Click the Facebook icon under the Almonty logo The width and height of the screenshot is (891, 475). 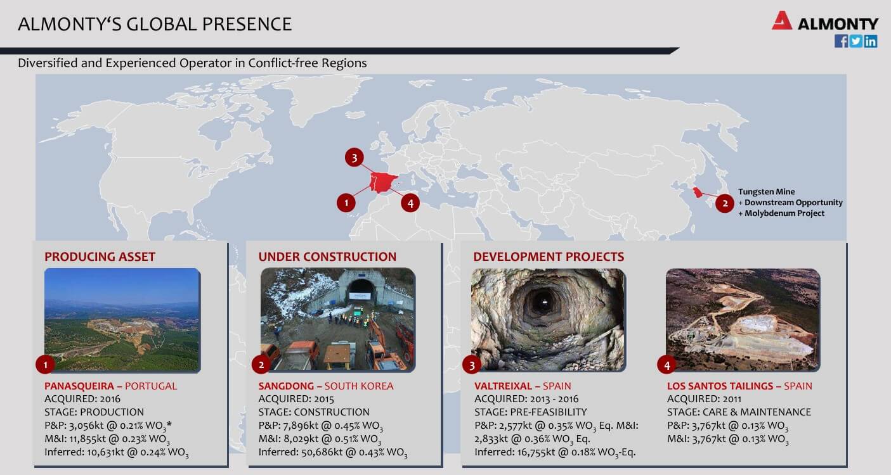[x=841, y=41]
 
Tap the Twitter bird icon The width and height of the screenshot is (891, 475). [x=855, y=41]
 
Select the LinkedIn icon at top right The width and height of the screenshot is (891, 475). [x=870, y=41]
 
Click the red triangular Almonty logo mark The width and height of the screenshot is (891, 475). [x=782, y=21]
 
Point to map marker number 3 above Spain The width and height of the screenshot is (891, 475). [x=354, y=158]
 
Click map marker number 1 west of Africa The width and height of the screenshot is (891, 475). [x=346, y=203]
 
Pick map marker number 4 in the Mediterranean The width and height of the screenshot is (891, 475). [x=410, y=203]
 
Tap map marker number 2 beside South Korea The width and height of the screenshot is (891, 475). [x=725, y=203]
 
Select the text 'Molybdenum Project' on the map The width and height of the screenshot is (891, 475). [x=784, y=213]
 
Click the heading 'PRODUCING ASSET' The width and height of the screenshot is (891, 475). [x=100, y=257]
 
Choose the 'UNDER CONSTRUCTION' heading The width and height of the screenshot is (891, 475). [x=327, y=257]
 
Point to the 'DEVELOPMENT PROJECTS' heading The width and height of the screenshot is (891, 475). [x=549, y=257]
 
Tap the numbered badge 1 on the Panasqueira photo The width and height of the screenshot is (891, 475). [x=45, y=365]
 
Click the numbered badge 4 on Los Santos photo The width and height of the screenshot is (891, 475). [x=667, y=365]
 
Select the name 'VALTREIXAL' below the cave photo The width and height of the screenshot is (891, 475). [x=503, y=386]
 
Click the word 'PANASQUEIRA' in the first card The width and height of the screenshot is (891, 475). [x=79, y=386]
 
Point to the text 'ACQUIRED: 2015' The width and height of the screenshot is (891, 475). [x=296, y=399]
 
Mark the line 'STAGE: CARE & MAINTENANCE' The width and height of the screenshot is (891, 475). [x=739, y=412]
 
